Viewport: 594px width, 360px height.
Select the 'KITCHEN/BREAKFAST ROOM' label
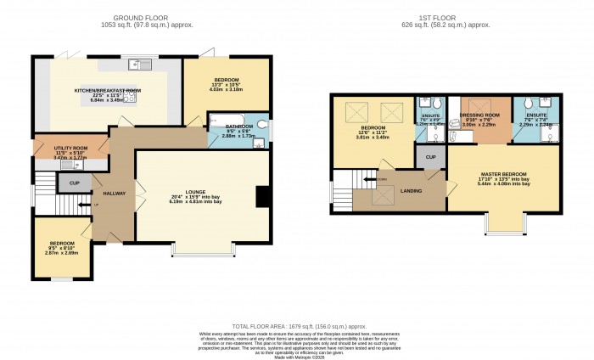point(108,91)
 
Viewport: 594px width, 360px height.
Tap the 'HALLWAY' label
point(115,194)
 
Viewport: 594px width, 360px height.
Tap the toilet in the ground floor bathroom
point(264,128)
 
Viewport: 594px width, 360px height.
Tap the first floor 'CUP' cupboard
point(430,157)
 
